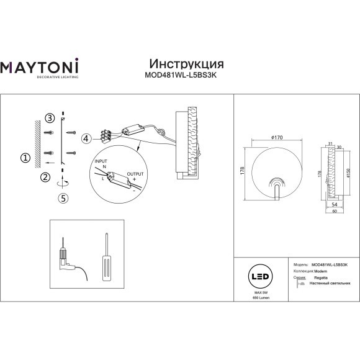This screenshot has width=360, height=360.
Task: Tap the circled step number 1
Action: (x=25, y=158)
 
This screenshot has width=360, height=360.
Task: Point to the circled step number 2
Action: (x=45, y=178)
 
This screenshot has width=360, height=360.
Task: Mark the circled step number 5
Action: (x=62, y=198)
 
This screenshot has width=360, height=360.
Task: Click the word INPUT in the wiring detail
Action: (x=100, y=161)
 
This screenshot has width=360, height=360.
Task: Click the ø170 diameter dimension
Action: (x=269, y=137)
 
